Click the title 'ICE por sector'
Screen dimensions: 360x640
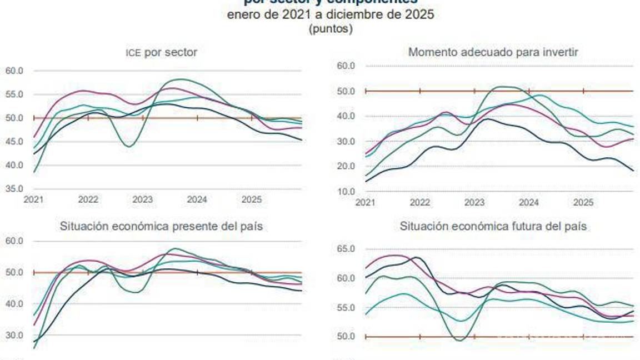click(x=161, y=53)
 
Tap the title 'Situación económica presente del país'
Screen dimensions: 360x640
click(x=161, y=227)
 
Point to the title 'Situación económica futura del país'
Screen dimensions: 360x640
click(x=493, y=227)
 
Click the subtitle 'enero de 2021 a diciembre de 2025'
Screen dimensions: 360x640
click(x=331, y=15)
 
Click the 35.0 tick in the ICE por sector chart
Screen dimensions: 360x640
click(x=14, y=189)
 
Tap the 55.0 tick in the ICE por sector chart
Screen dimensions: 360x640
click(x=14, y=94)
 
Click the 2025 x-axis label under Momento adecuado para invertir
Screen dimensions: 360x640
click(x=583, y=203)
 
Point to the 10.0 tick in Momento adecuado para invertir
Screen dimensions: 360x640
click(x=346, y=192)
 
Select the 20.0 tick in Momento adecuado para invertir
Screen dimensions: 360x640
click(x=346, y=167)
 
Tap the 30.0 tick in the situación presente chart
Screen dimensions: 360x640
click(x=14, y=336)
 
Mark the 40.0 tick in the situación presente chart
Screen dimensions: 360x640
click(x=14, y=304)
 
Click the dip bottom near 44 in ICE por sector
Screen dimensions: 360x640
click(x=128, y=146)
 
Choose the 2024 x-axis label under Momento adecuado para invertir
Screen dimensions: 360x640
click(x=529, y=203)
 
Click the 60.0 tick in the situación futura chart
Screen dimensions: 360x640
click(x=346, y=278)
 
